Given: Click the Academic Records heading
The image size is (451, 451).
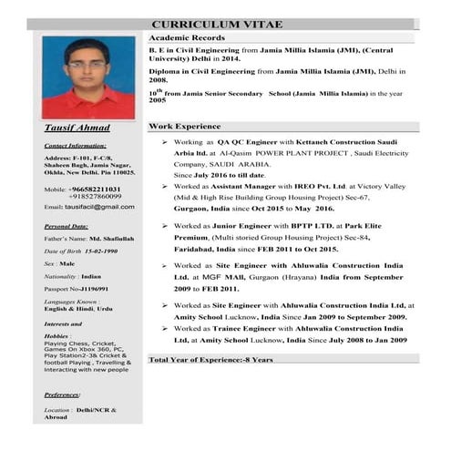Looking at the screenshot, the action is [186, 37].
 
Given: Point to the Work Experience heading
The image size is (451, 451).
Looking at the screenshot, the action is [185, 126].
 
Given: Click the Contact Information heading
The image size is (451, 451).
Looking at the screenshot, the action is [75, 145].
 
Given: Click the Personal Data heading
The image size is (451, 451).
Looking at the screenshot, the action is [66, 225].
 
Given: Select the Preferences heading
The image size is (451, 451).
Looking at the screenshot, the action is [67, 394].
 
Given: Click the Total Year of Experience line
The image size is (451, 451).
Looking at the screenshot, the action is [210, 359].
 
